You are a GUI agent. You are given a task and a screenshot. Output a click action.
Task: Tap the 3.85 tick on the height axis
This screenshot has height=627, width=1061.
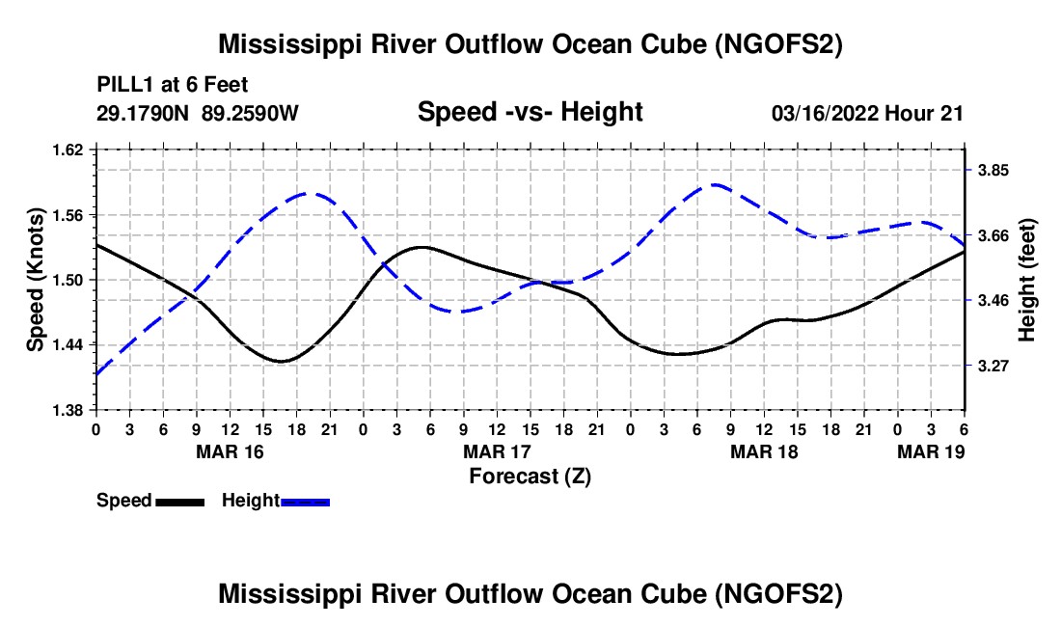pyautogui.click(x=993, y=171)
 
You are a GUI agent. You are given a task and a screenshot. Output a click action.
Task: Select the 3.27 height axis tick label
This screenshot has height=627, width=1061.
pyautogui.click(x=993, y=366)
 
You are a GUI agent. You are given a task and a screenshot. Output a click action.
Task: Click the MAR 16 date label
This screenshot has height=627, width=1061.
pyautogui.click(x=231, y=451)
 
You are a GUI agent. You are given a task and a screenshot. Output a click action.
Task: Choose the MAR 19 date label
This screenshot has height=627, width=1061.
pyautogui.click(x=931, y=451)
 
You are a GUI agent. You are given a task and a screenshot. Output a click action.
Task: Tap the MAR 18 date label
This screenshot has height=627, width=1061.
pyautogui.click(x=764, y=451)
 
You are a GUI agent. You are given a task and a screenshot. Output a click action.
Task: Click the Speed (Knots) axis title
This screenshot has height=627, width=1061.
pyautogui.click(x=35, y=280)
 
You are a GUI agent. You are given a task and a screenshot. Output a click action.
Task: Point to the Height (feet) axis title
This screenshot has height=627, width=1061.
pyautogui.click(x=1026, y=280)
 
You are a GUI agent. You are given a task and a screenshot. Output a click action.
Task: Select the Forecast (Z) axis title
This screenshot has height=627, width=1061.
pyautogui.click(x=530, y=477)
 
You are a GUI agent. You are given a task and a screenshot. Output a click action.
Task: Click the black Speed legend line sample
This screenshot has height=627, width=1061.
pyautogui.click(x=180, y=503)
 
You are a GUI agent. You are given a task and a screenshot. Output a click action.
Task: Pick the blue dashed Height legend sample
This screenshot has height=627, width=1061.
pyautogui.click(x=305, y=503)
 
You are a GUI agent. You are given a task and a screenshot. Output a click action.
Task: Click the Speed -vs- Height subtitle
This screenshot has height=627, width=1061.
pyautogui.click(x=530, y=112)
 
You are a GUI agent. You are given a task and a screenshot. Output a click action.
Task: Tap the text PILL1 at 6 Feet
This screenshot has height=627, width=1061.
pyautogui.click(x=173, y=85)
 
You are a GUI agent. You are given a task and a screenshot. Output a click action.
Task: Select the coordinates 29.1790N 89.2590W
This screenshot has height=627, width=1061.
pyautogui.click(x=198, y=113)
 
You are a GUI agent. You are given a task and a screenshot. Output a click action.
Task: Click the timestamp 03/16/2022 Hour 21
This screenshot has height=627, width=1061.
pyautogui.click(x=867, y=113)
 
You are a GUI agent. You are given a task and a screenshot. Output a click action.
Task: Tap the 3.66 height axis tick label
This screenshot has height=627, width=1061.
pyautogui.click(x=993, y=236)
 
